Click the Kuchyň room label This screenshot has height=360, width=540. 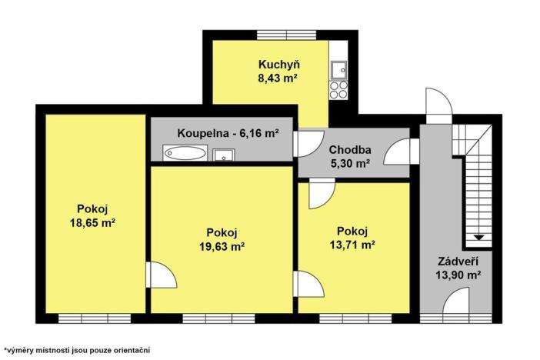278,64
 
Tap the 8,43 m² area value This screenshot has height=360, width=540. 278,77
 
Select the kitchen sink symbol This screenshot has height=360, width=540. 338,71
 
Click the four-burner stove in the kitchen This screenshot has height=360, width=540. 338,91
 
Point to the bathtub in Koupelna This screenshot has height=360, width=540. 185,153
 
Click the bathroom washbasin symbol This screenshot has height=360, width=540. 223,154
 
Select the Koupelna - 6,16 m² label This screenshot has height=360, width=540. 228,132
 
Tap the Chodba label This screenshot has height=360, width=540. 350,149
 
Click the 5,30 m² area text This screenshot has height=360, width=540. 350,162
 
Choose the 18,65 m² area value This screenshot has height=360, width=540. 92,222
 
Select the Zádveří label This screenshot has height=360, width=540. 458,261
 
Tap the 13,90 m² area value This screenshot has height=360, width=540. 458,274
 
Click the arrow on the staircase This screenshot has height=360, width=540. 478,235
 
